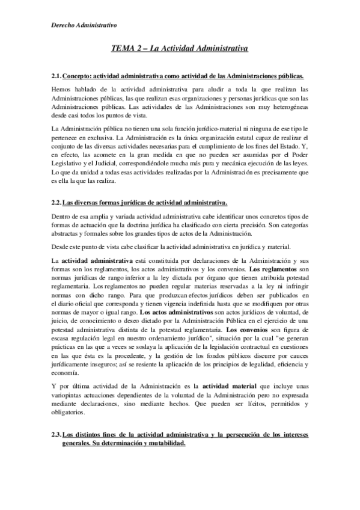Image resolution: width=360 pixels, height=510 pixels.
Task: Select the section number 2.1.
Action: pos(56,76)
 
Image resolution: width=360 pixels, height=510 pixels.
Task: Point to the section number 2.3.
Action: pos(56,434)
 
